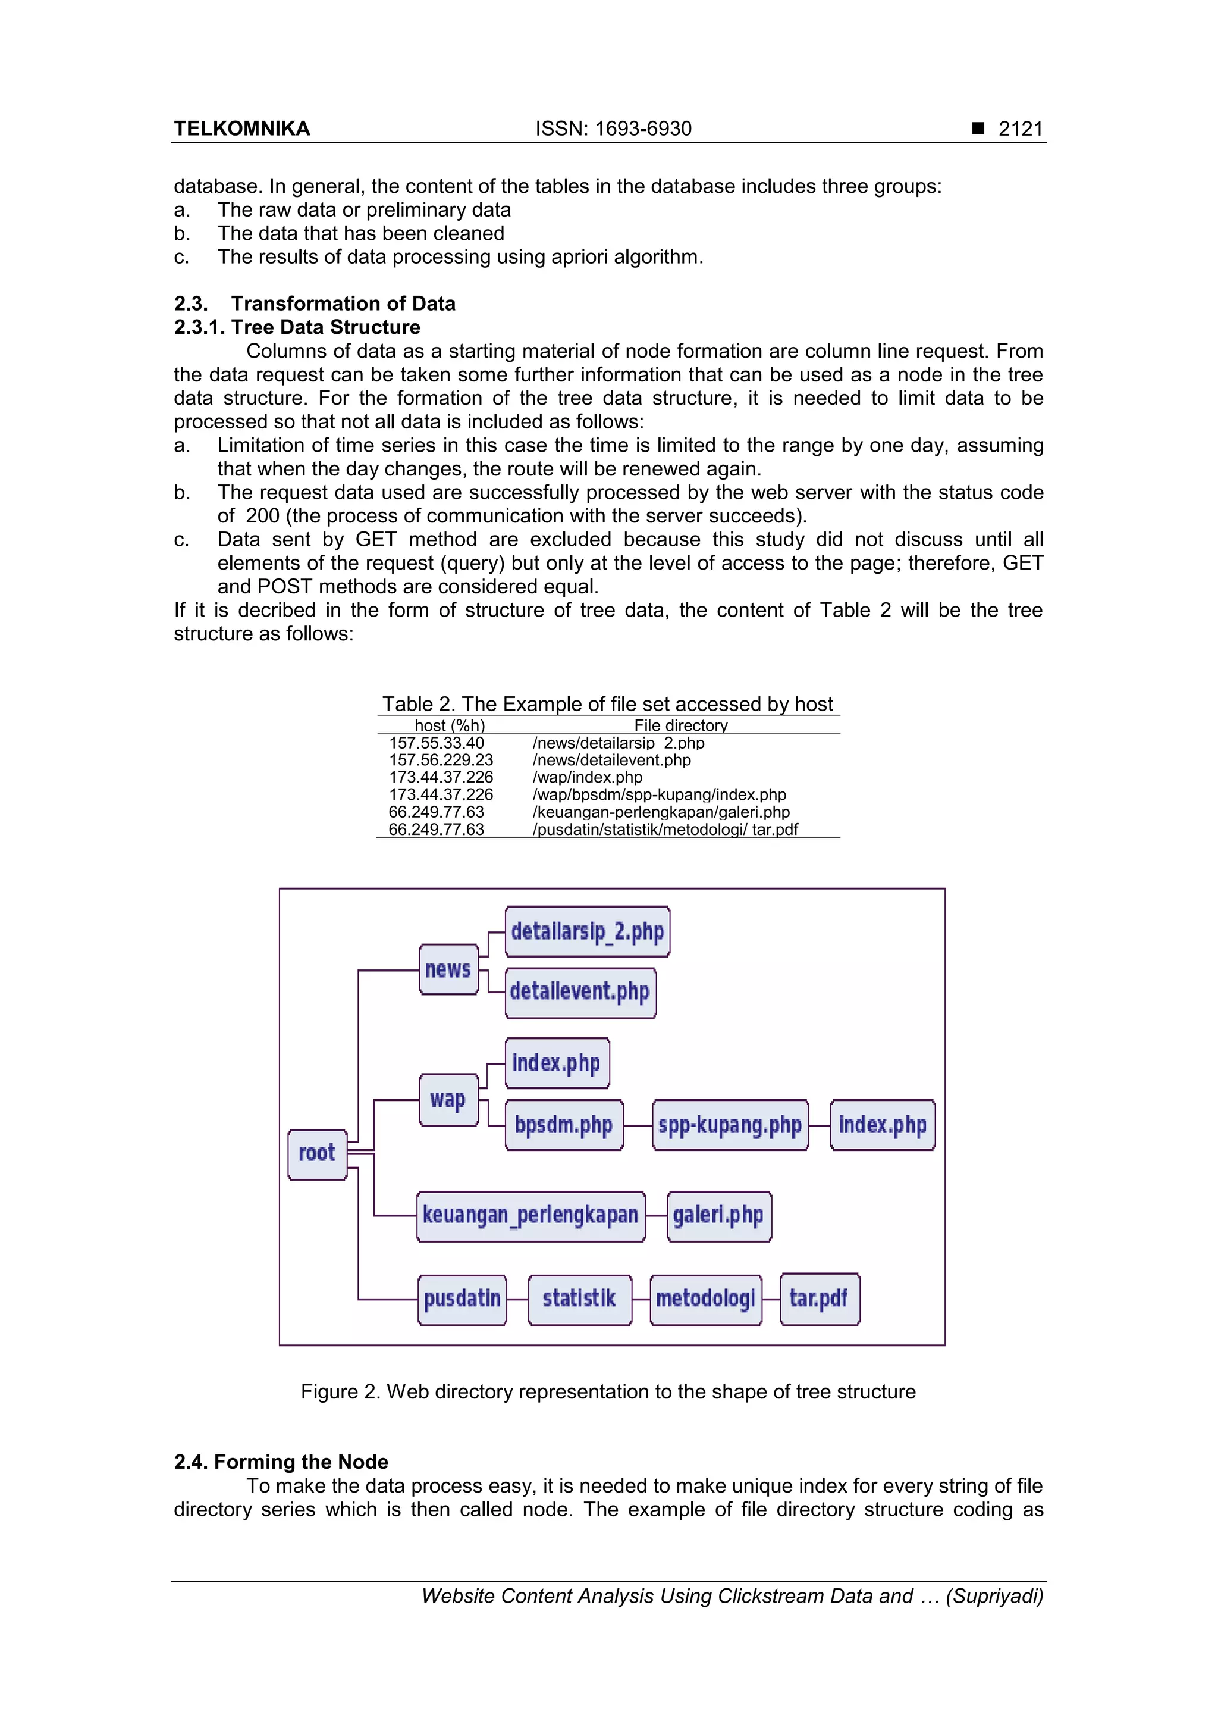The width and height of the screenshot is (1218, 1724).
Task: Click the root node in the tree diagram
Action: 317,1154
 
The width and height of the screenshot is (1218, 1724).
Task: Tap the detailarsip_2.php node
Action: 587,931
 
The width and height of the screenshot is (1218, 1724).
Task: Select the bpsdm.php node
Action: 564,1125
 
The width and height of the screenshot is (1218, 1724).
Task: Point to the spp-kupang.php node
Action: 730,1125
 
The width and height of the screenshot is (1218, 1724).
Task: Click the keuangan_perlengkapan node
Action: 530,1216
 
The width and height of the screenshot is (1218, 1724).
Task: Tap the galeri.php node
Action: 718,1216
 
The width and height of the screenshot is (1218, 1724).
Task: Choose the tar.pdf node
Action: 820,1299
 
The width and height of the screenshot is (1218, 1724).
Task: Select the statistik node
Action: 579,1299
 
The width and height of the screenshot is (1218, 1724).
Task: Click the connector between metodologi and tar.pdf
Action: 771,1299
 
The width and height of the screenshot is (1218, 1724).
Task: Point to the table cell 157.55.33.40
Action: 436,743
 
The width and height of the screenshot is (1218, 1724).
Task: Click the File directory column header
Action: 681,725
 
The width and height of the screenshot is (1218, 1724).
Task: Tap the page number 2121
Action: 1020,129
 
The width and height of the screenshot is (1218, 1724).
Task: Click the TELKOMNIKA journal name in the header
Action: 241,129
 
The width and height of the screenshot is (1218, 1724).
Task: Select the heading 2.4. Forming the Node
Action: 281,1461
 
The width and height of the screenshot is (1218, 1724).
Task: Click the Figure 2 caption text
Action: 608,1391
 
